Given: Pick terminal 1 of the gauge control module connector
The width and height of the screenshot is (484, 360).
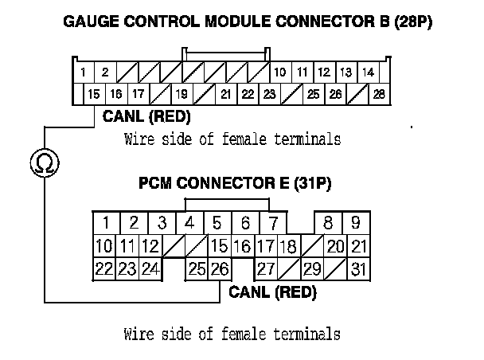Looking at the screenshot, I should pos(84,72).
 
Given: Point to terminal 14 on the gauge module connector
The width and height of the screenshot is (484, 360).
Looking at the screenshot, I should pos(367,72).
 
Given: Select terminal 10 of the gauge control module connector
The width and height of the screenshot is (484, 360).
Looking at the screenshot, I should pos(280,72).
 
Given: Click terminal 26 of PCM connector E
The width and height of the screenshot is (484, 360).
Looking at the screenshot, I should pos(220,269).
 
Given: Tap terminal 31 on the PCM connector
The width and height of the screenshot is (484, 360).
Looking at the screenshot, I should pos(359,269).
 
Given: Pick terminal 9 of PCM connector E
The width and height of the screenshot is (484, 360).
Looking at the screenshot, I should pos(356,223).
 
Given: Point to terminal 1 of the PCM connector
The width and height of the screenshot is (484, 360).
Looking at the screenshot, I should pos(105,223).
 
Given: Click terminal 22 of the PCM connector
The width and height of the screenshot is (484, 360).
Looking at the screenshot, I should pos(103,269).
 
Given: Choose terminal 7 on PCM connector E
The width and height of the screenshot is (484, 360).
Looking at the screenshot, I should pos(272,223).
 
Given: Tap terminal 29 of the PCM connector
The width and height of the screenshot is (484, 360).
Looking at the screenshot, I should pos(312,269).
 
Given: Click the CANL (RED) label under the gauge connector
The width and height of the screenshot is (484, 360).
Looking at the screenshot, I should pos(146,117).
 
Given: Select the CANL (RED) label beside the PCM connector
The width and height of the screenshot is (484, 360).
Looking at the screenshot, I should pos(272,292).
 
